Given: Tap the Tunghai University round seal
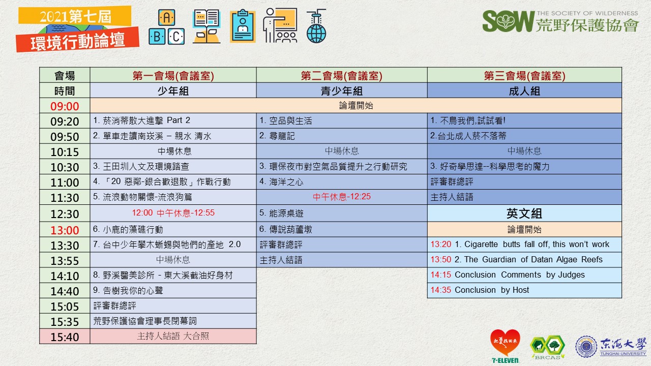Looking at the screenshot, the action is point(586,347).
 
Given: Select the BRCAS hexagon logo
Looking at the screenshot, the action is point(548,346).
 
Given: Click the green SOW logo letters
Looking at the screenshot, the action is point(509,21).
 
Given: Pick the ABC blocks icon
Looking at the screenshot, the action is point(166,27).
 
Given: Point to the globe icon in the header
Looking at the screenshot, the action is point(316,26).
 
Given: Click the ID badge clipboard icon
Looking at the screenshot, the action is point(243,26).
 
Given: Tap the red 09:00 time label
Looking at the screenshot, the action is point(65,106).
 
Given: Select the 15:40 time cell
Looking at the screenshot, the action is point(65,337).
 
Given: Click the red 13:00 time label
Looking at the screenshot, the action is point(65,230).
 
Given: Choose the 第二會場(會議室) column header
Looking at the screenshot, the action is point(341,76).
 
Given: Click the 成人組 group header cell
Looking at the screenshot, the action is point(524,91).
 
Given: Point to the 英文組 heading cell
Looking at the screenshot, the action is point(524,213).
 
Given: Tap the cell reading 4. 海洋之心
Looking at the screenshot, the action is point(341,182).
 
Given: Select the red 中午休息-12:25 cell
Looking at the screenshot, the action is point(341,197).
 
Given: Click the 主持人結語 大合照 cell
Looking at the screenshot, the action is point(173,337).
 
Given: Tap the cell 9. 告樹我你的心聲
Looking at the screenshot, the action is point(173,290).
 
